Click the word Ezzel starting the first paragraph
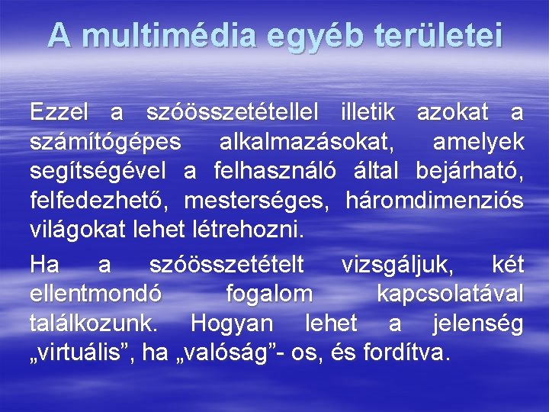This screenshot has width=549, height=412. (x=59, y=114)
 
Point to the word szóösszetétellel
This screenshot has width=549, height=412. (x=232, y=114)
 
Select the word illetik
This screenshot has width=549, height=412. (x=368, y=114)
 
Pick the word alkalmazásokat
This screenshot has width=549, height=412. (x=307, y=143)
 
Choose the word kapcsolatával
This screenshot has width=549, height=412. (x=450, y=295)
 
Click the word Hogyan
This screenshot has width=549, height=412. (x=232, y=323)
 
